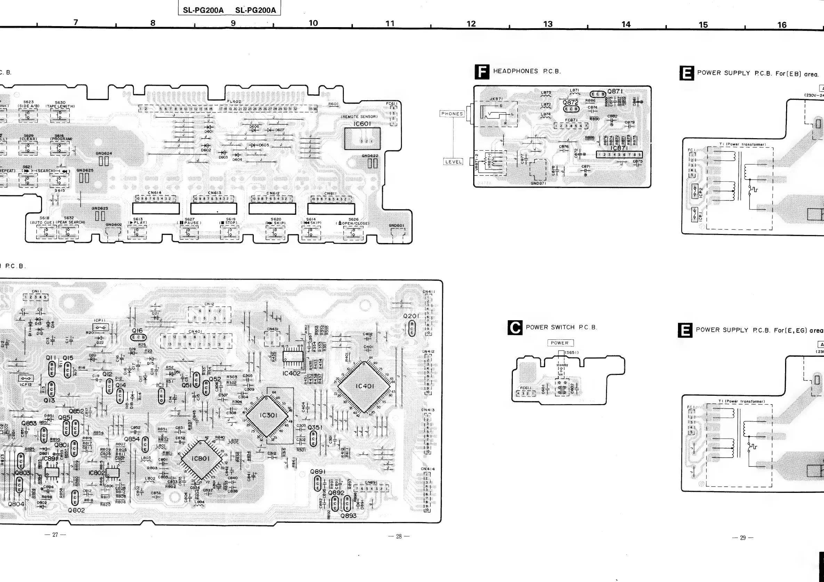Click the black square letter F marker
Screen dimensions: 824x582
point(482,71)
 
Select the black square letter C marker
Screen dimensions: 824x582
point(515,328)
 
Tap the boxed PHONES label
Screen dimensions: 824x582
point(452,114)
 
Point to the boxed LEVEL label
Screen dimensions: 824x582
point(453,162)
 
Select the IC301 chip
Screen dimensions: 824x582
point(268,415)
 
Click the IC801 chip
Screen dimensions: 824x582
point(200,458)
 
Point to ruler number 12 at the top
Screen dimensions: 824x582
point(471,24)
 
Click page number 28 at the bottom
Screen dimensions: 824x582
point(399,536)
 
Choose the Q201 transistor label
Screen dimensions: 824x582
point(411,316)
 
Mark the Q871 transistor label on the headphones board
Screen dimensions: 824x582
point(615,91)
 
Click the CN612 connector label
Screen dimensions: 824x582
point(273,193)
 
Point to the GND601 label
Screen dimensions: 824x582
point(396,226)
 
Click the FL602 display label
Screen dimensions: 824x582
point(234,102)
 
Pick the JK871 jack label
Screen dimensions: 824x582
point(496,99)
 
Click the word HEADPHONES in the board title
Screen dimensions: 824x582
point(515,71)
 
